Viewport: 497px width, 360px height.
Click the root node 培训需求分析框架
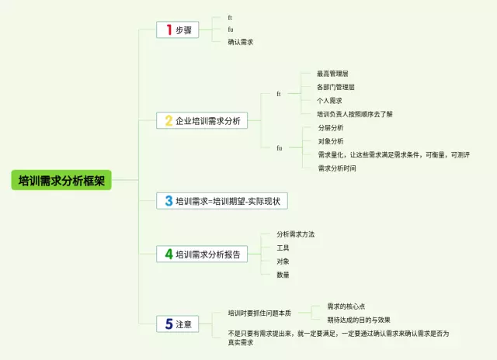pyautogui.click(x=61, y=181)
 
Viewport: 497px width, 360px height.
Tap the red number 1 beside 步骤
pyautogui.click(x=169, y=29)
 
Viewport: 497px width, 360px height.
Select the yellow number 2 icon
pyautogui.click(x=169, y=120)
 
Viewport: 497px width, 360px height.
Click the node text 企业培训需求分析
pyautogui.click(x=207, y=121)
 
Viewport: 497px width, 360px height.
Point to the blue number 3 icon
pyautogui.click(x=169, y=201)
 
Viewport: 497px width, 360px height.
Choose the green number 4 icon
pyautogui.click(x=169, y=254)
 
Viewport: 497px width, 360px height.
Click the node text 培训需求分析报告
pyautogui.click(x=207, y=254)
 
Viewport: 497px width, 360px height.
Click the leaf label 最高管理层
pyautogui.click(x=332, y=73)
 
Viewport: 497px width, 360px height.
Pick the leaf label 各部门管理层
pyautogui.click(x=335, y=87)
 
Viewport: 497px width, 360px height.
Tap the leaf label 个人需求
pyautogui.click(x=329, y=100)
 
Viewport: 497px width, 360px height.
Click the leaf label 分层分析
pyautogui.click(x=331, y=127)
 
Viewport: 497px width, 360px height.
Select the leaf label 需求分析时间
pyautogui.click(x=337, y=168)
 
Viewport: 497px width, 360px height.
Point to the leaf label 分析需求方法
pyautogui.click(x=295, y=234)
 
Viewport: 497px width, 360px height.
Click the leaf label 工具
pyautogui.click(x=283, y=247)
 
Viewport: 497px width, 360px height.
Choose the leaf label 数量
pyautogui.click(x=283, y=274)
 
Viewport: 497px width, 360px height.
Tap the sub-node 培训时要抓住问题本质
pyautogui.click(x=259, y=313)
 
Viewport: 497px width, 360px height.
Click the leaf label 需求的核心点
pyautogui.click(x=346, y=306)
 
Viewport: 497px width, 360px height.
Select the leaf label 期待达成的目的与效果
pyautogui.click(x=358, y=320)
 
